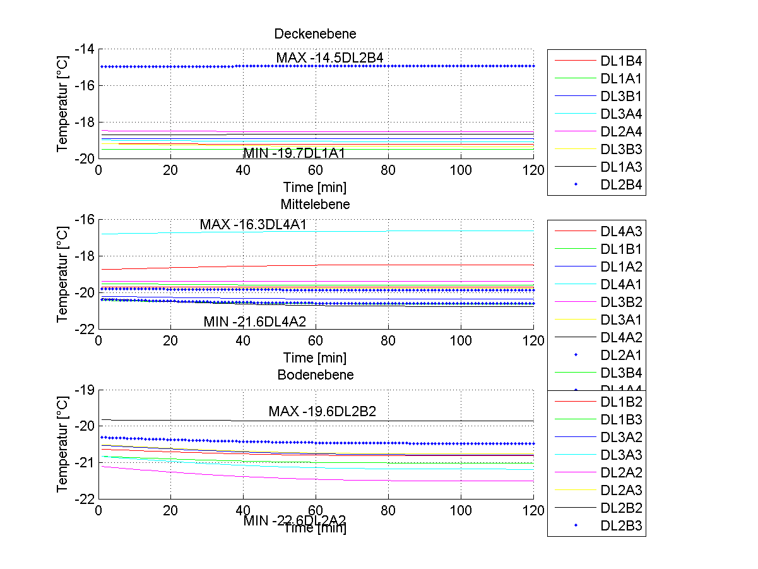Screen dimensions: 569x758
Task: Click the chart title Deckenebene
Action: click(315, 33)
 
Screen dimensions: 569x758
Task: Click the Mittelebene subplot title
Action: click(315, 204)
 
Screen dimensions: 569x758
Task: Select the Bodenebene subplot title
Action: click(315, 374)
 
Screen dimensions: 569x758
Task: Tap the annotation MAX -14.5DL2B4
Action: click(329, 57)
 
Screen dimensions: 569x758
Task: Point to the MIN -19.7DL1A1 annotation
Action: click(294, 153)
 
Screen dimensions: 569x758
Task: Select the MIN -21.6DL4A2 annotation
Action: click(254, 321)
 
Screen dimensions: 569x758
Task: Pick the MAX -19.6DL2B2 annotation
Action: click(322, 412)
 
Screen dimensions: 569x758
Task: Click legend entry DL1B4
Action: click(621, 61)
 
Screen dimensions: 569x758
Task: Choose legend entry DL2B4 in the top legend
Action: click(621, 185)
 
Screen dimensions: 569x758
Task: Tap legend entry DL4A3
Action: click(621, 231)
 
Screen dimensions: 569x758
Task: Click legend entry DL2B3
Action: click(621, 525)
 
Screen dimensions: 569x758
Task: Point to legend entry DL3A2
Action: click(621, 437)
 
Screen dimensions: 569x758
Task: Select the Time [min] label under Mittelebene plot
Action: click(315, 358)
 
